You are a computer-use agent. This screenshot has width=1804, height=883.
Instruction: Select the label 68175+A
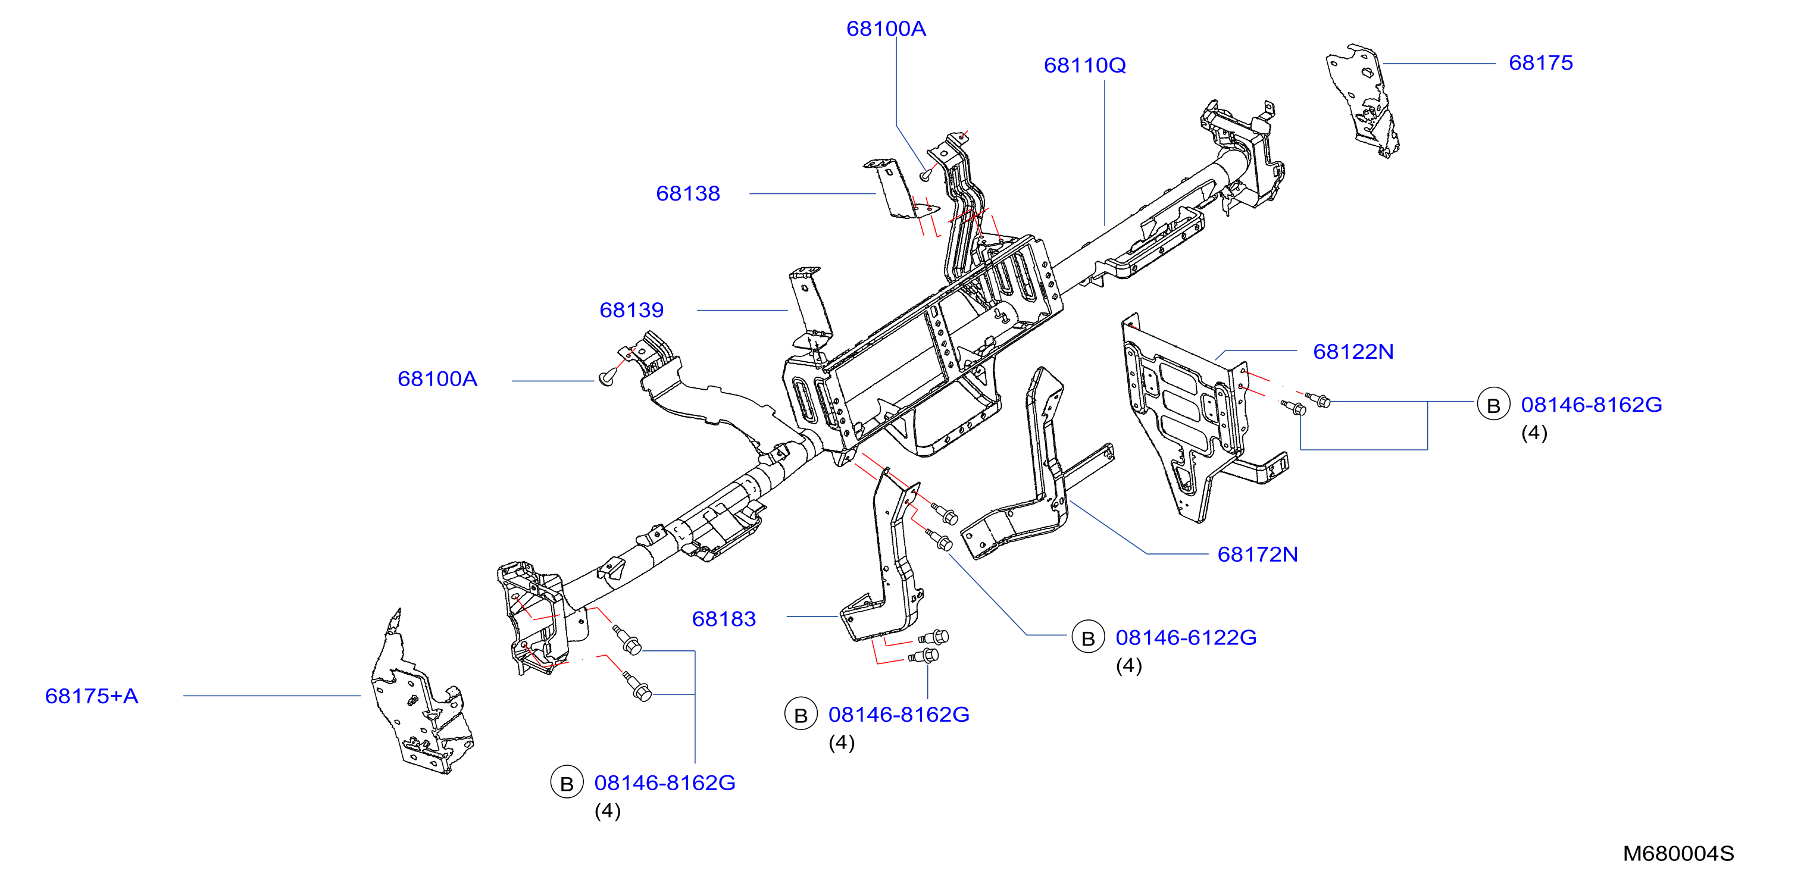[92, 696]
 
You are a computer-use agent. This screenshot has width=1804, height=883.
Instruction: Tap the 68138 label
[687, 193]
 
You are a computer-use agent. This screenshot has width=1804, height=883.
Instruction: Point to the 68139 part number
[631, 310]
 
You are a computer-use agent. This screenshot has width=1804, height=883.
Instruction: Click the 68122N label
[1353, 352]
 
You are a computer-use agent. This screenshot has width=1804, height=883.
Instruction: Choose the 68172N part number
[1257, 555]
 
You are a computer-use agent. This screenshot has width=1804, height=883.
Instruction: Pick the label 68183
[723, 619]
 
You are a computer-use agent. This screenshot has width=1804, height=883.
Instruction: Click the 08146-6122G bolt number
[1186, 638]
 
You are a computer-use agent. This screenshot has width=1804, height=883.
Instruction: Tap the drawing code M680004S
[1678, 854]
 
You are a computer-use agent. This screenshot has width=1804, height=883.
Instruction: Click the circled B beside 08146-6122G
[1087, 638]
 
